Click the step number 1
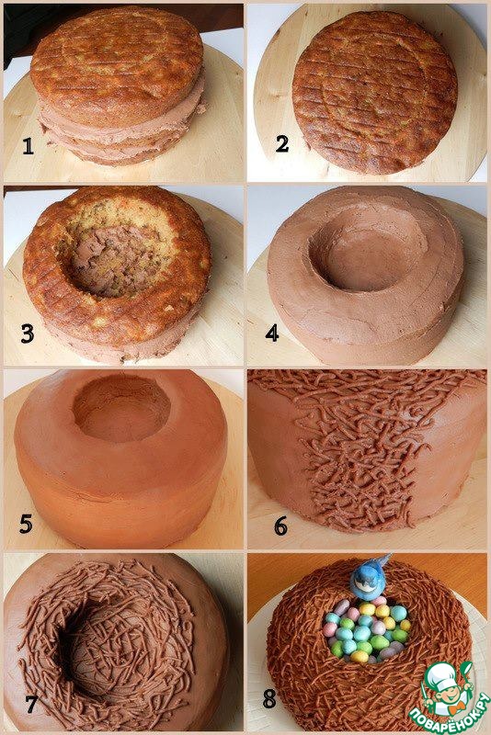(x=29, y=146)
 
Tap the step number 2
(x=282, y=143)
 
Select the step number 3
(x=28, y=334)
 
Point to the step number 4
(x=272, y=334)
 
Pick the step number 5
(x=26, y=524)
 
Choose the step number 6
(x=281, y=526)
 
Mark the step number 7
(x=31, y=705)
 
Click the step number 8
(x=269, y=699)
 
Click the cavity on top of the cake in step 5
(x=121, y=409)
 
